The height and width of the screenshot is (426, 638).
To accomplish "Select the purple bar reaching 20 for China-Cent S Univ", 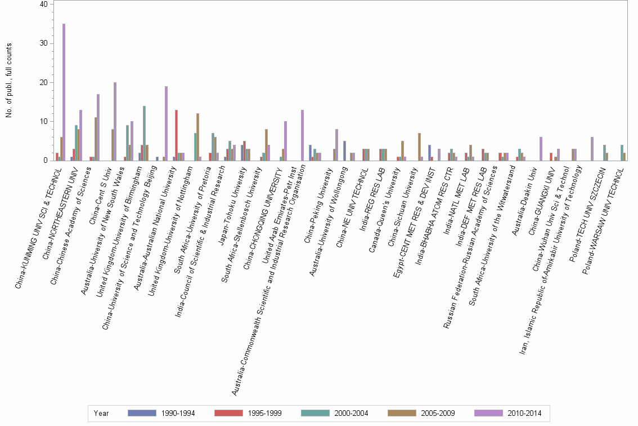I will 115,121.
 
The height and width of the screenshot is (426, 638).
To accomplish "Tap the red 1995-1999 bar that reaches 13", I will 177,135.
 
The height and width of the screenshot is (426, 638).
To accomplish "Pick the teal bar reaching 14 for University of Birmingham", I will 145,133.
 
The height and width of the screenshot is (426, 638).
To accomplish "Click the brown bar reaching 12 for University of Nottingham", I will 197,137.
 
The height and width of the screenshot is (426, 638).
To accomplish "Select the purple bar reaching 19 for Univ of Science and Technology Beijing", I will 166,123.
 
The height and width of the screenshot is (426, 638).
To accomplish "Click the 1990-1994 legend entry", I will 161,413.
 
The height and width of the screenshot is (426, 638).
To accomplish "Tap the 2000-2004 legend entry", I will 335,413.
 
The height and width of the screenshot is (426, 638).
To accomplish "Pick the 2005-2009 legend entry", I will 421,413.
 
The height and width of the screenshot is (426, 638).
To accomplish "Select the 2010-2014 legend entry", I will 508,413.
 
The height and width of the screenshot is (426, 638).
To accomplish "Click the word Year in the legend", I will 101,413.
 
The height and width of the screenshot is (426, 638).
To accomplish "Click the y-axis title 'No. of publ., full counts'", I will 8,82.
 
